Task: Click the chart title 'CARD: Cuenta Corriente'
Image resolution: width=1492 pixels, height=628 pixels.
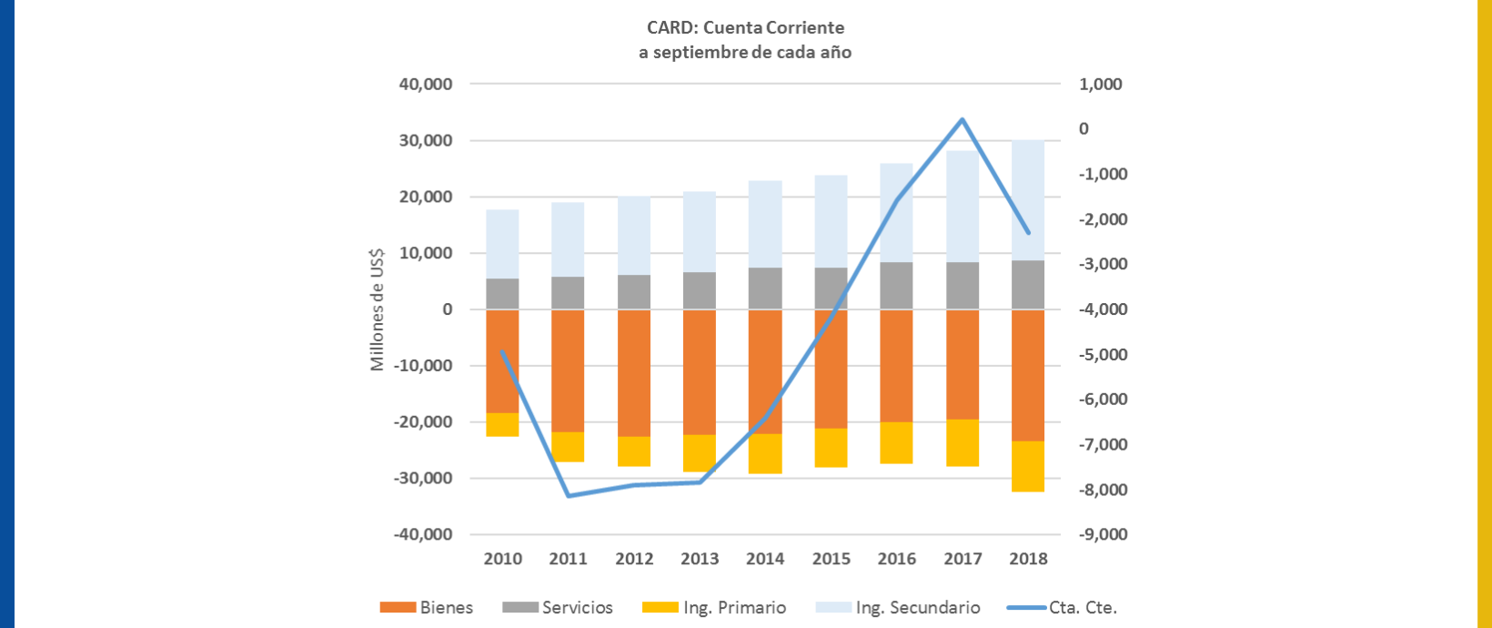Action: click(x=745, y=28)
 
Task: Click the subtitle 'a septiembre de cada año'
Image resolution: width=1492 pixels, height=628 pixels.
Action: click(x=745, y=52)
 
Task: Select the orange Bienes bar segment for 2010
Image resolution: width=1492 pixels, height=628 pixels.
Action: click(x=502, y=361)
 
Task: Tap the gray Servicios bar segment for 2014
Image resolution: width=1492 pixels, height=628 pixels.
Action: click(x=765, y=289)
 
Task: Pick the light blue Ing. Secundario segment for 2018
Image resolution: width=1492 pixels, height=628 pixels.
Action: click(x=1028, y=200)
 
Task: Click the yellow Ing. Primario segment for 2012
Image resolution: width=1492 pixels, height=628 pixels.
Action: click(x=634, y=451)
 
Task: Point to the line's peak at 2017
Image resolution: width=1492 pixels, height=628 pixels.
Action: click(x=963, y=119)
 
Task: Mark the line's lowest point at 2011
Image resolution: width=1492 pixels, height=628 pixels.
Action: click(x=569, y=495)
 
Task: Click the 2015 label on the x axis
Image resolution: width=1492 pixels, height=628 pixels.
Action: click(x=831, y=559)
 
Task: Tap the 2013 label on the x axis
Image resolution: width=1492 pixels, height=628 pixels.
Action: click(x=700, y=559)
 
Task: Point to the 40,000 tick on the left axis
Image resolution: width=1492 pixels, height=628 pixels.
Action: click(x=426, y=85)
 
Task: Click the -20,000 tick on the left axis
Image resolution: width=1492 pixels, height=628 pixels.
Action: click(x=423, y=422)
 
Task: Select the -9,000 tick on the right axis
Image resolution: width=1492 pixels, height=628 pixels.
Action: click(x=1103, y=534)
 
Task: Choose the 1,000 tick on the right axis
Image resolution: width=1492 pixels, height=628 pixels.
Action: click(x=1101, y=85)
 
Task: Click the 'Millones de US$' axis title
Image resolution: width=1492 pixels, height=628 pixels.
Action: click(x=377, y=309)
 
